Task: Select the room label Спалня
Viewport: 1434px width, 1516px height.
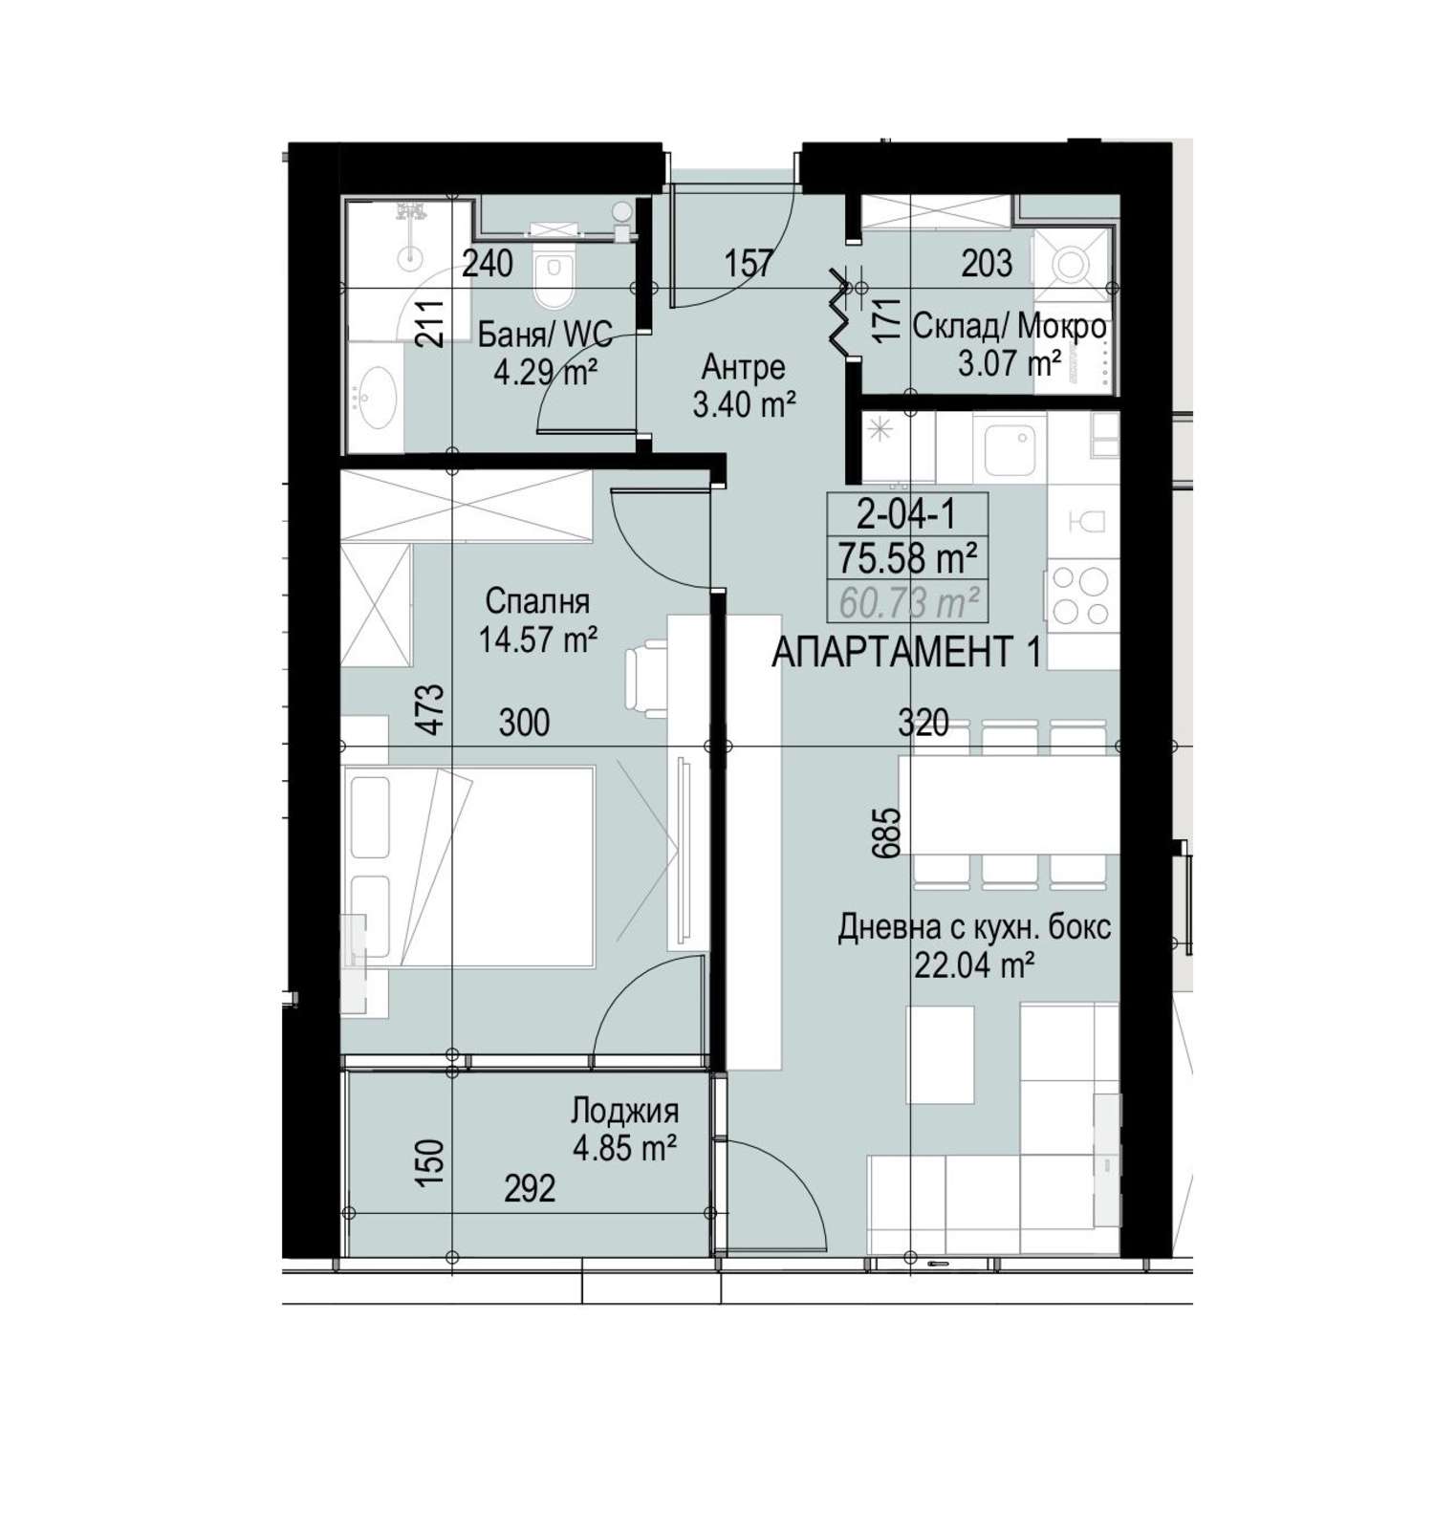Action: pos(537,601)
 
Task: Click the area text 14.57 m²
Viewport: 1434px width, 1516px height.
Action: pos(539,639)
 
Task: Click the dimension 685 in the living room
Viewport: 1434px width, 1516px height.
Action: pos(886,833)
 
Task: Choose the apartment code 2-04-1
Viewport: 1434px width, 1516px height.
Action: pos(906,516)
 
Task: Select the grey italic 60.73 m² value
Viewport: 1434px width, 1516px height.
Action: pos(907,602)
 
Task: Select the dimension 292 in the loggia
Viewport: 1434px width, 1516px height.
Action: pos(530,1188)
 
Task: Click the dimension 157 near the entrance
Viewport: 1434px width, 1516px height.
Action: pos(749,262)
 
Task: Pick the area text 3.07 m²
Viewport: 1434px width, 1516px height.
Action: pos(1009,363)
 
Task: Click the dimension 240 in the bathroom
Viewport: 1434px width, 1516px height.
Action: pos(488,262)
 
